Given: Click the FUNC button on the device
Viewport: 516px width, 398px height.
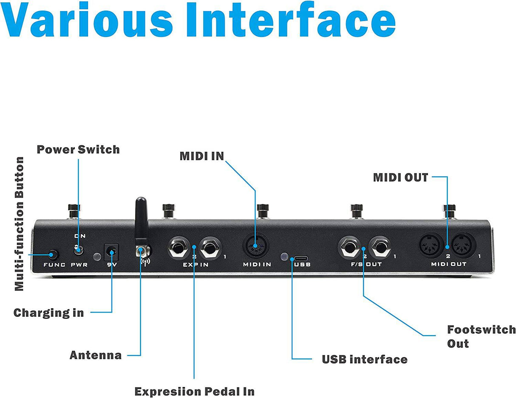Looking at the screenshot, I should pyautogui.click(x=53, y=255).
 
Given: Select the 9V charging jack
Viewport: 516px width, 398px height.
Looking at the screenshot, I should pyautogui.click(x=112, y=252).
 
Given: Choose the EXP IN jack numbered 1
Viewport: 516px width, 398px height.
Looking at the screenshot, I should pyautogui.click(x=210, y=247).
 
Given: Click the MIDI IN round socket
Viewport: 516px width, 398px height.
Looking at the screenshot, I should pyautogui.click(x=255, y=247).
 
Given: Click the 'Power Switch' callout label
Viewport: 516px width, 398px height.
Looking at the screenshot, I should pyautogui.click(x=78, y=150).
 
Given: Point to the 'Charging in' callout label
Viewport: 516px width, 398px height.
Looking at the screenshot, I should pyautogui.click(x=48, y=313).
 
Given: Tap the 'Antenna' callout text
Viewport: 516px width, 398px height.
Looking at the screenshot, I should pyautogui.click(x=96, y=355).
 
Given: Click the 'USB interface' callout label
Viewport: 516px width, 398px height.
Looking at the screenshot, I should pyautogui.click(x=364, y=359).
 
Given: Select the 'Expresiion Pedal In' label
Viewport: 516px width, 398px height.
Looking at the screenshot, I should pyautogui.click(x=194, y=391).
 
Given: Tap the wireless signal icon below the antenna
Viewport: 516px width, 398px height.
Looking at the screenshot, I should pyautogui.click(x=145, y=260).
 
